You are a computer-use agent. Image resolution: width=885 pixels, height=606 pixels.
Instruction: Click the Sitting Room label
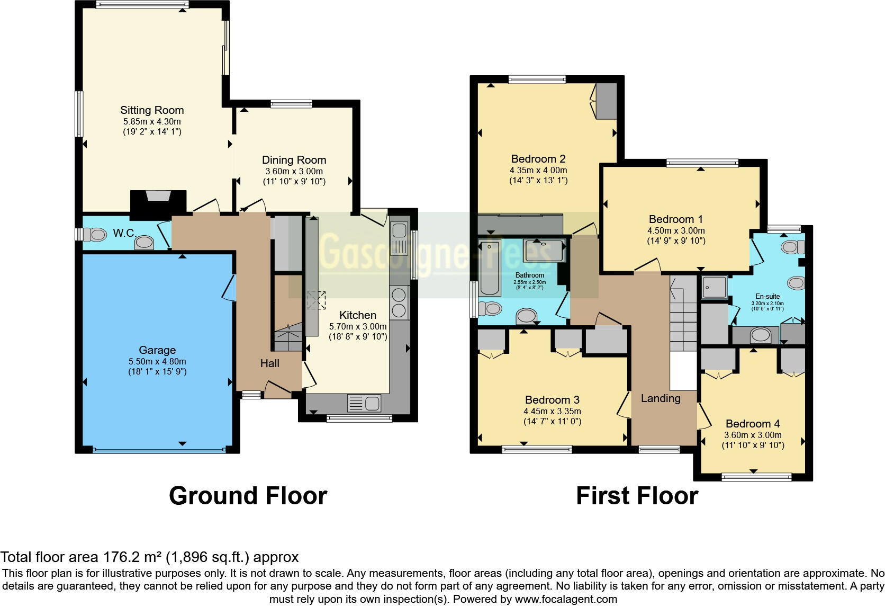click(152, 110)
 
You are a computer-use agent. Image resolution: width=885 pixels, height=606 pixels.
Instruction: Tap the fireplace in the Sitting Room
click(158, 203)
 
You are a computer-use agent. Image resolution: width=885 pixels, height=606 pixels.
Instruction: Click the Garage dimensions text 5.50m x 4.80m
click(157, 361)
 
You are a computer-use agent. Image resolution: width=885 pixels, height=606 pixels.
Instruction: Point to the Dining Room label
click(294, 160)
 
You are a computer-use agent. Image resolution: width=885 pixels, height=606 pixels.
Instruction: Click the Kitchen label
click(358, 315)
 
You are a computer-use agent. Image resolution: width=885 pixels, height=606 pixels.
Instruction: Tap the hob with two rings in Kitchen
click(399, 301)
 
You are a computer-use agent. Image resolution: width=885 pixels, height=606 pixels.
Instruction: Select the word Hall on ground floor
click(269, 363)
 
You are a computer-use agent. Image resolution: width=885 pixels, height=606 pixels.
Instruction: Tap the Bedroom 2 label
click(538, 159)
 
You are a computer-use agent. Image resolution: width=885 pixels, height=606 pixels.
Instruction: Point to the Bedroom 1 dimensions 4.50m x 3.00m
click(676, 230)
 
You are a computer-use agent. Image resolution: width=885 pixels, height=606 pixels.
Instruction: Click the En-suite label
click(767, 297)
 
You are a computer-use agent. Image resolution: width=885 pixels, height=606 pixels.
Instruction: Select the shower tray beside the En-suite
click(714, 288)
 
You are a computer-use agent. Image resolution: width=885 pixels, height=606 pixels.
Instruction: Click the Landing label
click(661, 398)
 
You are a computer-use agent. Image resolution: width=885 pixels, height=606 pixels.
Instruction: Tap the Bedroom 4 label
click(753, 424)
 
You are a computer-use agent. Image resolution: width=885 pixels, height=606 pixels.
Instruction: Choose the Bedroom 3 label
click(552, 400)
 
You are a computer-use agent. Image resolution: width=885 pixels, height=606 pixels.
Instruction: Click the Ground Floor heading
click(248, 496)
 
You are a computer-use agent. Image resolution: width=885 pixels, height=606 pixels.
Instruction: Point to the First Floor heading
click(637, 496)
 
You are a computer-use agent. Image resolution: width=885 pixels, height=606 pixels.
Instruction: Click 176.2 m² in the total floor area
click(132, 557)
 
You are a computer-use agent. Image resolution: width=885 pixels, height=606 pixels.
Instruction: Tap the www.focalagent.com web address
click(566, 600)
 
